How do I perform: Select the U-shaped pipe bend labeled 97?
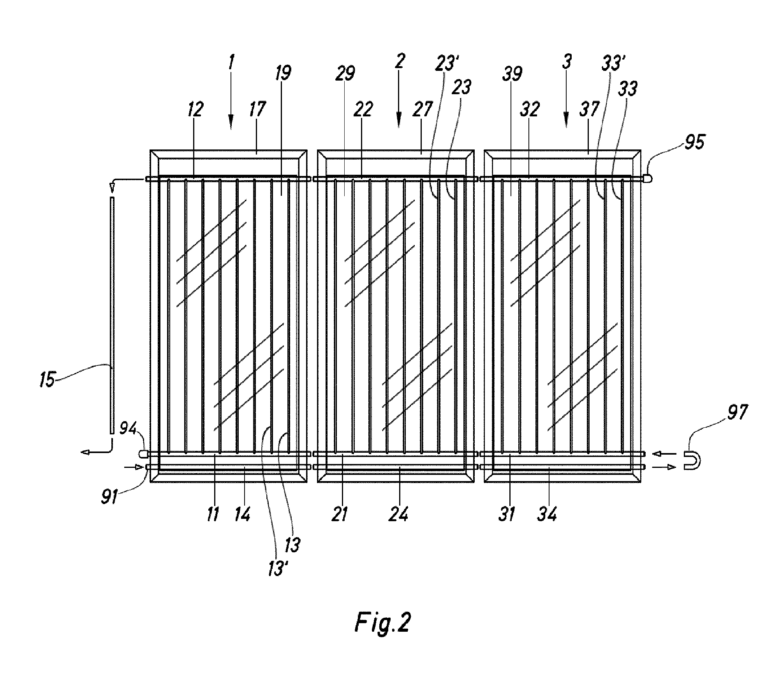[692, 460]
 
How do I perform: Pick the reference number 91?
[110, 497]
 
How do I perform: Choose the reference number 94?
[129, 429]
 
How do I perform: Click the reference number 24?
[400, 514]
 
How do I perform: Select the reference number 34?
[548, 514]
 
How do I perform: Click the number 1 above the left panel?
[231, 63]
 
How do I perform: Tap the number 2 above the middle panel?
[400, 62]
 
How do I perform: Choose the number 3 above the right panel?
[566, 62]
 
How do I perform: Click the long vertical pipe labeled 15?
[112, 315]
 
